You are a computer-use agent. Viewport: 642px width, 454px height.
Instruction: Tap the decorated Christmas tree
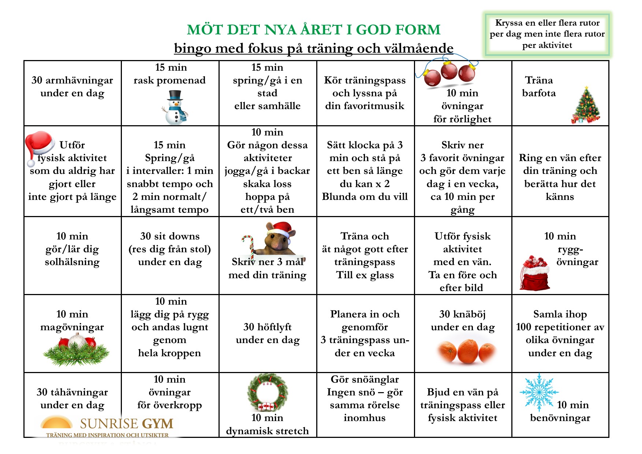click(586, 106)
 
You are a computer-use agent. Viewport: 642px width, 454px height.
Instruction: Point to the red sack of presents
click(534, 274)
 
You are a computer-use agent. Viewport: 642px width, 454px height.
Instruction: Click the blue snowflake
click(539, 392)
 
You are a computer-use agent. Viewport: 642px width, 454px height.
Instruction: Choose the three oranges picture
click(466, 351)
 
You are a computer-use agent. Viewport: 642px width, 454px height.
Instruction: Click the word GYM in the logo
click(157, 424)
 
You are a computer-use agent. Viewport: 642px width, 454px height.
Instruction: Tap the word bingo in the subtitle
click(193, 48)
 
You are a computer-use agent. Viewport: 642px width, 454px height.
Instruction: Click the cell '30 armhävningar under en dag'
click(72, 87)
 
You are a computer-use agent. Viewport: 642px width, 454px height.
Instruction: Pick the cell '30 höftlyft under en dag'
click(268, 333)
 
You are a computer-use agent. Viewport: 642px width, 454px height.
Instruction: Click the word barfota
click(539, 93)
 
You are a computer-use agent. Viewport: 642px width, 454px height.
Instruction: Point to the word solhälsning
click(72, 262)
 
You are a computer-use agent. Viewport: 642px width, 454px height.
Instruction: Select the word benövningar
click(560, 418)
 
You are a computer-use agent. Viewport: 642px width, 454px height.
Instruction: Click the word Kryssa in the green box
click(509, 23)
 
